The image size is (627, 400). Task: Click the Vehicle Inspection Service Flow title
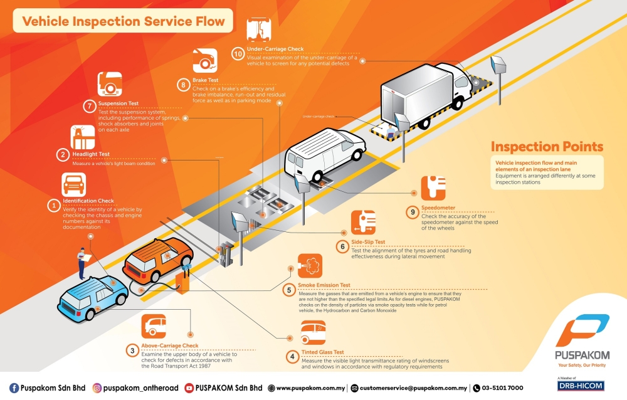(x=124, y=21)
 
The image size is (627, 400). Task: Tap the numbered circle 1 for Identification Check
(x=54, y=204)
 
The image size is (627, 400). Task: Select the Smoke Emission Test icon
(x=310, y=266)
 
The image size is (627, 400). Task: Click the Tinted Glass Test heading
(x=323, y=352)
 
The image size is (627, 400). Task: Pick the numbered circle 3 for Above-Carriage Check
(x=133, y=350)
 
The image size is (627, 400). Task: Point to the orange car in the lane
(x=157, y=258)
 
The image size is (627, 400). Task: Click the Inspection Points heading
(x=547, y=147)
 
